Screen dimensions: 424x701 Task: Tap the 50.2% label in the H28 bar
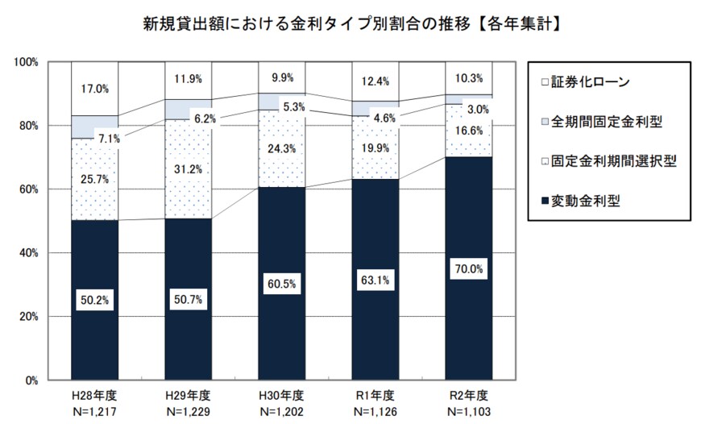94,300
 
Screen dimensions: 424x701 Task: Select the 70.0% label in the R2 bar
468,267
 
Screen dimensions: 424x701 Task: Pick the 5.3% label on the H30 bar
292,106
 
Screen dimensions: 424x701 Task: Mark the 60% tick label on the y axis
31,189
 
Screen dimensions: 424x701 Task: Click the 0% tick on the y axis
34,380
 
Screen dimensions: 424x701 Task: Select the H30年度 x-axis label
281,396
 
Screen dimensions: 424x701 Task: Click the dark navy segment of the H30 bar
281,322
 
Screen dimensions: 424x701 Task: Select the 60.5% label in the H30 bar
281,283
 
